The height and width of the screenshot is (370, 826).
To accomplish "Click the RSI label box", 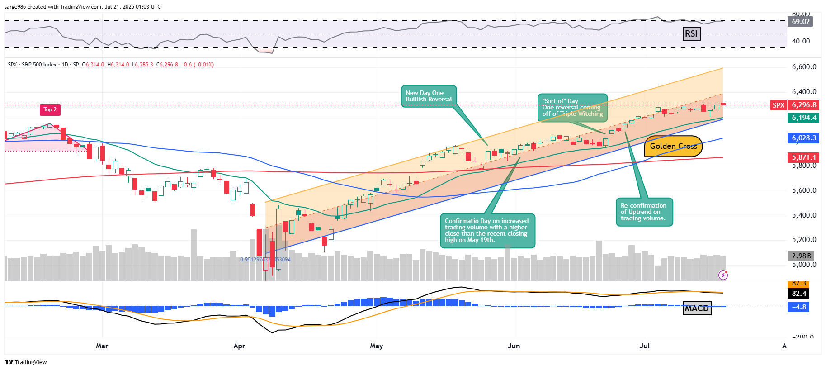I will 691,33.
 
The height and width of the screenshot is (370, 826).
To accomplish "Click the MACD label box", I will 696,308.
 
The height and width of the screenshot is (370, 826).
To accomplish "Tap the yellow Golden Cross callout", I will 673,146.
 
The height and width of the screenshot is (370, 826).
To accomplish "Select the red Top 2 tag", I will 50,109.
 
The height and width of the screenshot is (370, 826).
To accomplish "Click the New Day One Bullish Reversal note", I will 428,96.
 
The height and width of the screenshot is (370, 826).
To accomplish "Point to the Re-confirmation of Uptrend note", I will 644,212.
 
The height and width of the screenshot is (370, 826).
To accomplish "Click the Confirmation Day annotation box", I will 487,231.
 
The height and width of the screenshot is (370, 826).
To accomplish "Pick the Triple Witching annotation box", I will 572,108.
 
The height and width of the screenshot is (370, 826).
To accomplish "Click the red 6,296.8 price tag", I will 804,105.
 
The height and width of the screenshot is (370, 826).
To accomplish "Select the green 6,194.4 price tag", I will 804,118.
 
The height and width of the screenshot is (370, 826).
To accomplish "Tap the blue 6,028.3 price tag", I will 804,138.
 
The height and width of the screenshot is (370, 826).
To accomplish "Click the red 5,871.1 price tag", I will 804,157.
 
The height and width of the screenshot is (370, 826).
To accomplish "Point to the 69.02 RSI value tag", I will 800,22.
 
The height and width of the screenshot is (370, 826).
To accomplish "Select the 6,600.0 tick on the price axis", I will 804,67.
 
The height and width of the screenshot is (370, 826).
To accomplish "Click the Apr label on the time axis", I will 239,346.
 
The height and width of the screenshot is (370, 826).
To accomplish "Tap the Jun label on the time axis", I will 514,346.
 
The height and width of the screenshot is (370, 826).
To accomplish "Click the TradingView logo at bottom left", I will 26,362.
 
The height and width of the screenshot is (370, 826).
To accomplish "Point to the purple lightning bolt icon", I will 723,275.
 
